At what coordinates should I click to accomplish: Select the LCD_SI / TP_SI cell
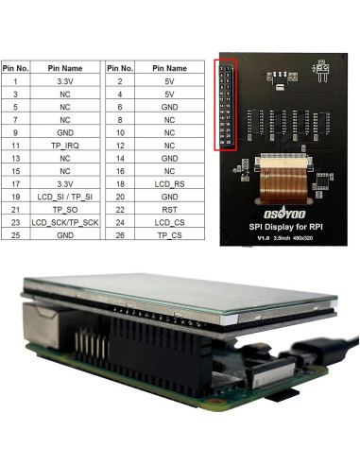[x=65, y=196]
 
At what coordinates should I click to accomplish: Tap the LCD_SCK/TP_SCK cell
[x=65, y=221]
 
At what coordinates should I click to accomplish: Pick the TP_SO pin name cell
[x=65, y=208]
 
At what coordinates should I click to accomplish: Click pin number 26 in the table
[x=119, y=233]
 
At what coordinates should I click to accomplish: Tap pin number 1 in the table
[x=15, y=81]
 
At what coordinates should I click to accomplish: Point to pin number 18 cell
[x=119, y=182]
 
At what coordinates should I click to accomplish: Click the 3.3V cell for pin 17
[x=65, y=182]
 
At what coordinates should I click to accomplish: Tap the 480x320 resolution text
[x=308, y=239]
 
